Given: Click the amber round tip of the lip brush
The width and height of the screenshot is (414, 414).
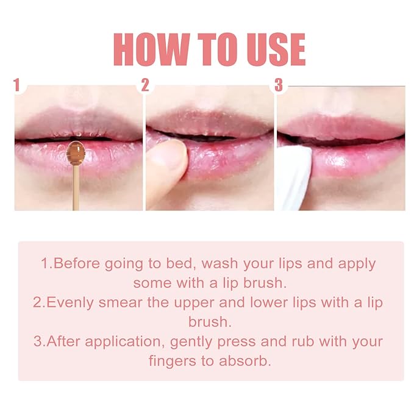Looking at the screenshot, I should (x=76, y=152).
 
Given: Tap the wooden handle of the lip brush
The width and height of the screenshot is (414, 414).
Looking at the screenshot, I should (x=76, y=189).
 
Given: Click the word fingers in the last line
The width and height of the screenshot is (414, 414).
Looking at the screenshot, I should (x=172, y=361).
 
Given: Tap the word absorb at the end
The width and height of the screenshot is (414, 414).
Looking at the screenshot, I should (x=248, y=361).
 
